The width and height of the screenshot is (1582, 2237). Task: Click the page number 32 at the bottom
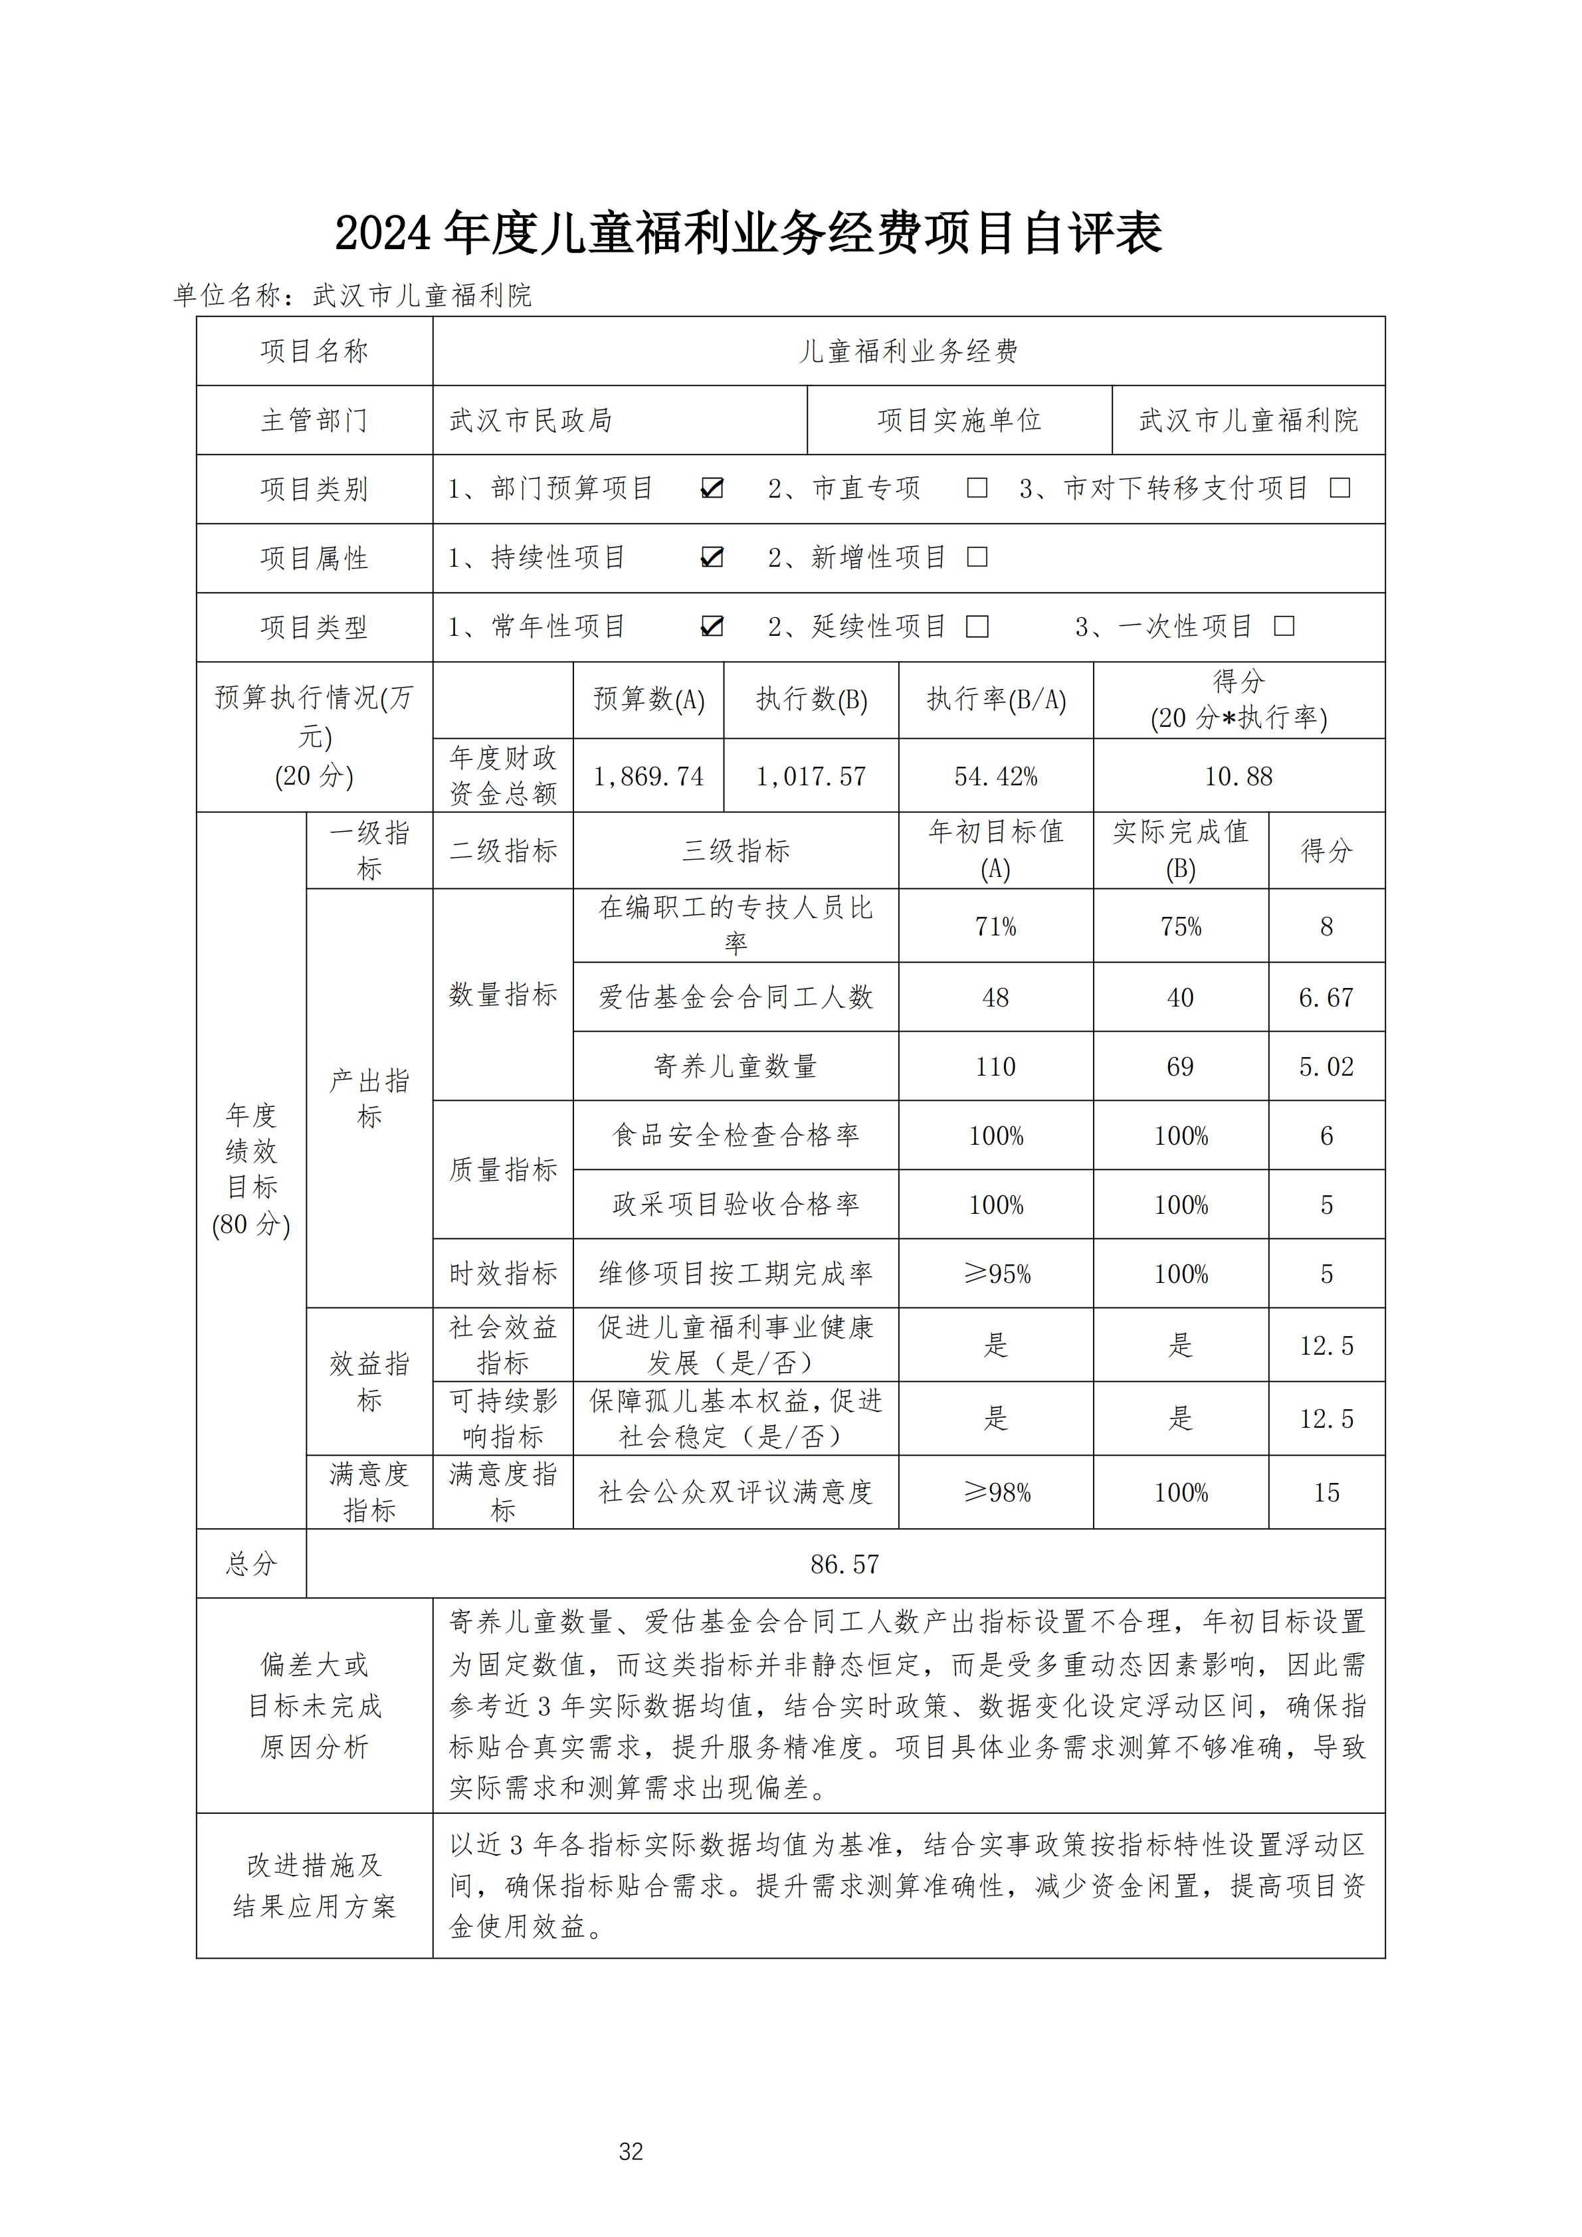coord(631,2151)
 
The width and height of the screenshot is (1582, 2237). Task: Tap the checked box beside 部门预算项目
coord(712,488)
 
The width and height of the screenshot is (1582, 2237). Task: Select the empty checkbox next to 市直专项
coord(977,488)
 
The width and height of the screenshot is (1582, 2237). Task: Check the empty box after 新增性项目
coord(977,557)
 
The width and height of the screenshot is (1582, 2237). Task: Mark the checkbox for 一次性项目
coord(1284,627)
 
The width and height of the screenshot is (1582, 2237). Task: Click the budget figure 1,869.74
coord(648,777)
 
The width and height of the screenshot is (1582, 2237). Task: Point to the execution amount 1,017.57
coord(811,777)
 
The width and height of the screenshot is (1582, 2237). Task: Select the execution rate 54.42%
coord(995,777)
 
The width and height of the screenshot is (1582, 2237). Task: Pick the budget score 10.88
coord(1238,777)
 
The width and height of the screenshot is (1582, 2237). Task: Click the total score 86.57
coord(844,1564)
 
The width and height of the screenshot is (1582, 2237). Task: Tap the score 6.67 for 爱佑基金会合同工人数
coord(1326,998)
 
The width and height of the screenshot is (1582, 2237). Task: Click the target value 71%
coord(995,927)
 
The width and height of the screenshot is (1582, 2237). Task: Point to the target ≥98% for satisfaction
coord(995,1493)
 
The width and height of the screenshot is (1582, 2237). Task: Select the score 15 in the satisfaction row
coord(1326,1493)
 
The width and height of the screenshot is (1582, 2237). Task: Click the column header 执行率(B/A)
coord(995,700)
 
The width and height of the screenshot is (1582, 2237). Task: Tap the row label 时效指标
coord(503,1274)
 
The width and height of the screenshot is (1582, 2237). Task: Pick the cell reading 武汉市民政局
coord(531,420)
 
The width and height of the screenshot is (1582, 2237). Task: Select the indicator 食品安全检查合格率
coord(736,1135)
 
